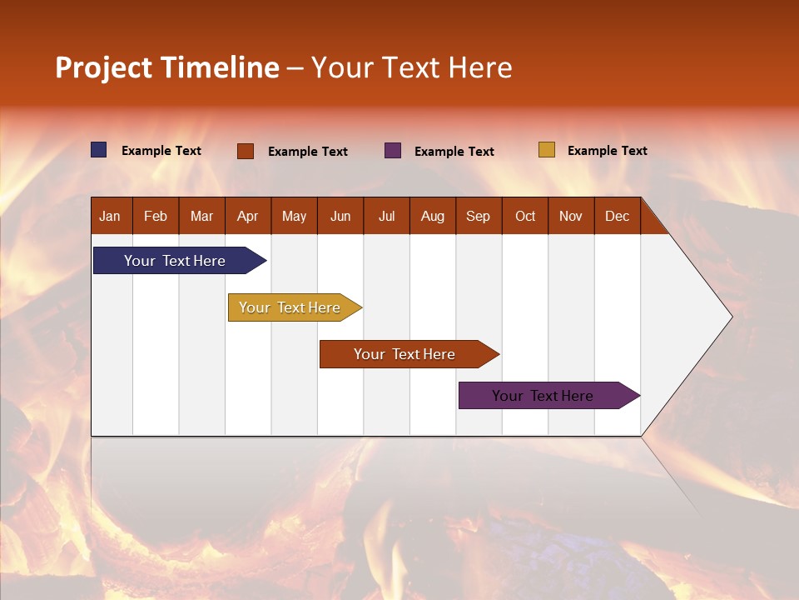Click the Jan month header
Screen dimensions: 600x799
click(110, 216)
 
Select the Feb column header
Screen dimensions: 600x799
click(156, 216)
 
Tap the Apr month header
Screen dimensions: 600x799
click(247, 216)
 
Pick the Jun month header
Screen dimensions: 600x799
click(340, 216)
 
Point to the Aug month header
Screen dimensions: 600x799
click(432, 216)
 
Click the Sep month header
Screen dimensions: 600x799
click(478, 216)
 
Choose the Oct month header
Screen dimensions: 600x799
click(525, 216)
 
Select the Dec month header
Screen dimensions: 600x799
click(617, 216)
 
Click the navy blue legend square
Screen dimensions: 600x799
click(99, 150)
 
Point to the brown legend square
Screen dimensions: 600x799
click(246, 151)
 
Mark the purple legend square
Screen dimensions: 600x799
click(393, 151)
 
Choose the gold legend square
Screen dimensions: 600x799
click(547, 150)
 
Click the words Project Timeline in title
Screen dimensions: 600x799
click(167, 67)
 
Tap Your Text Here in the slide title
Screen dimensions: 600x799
click(412, 67)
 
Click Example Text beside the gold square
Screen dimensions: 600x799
click(607, 151)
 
